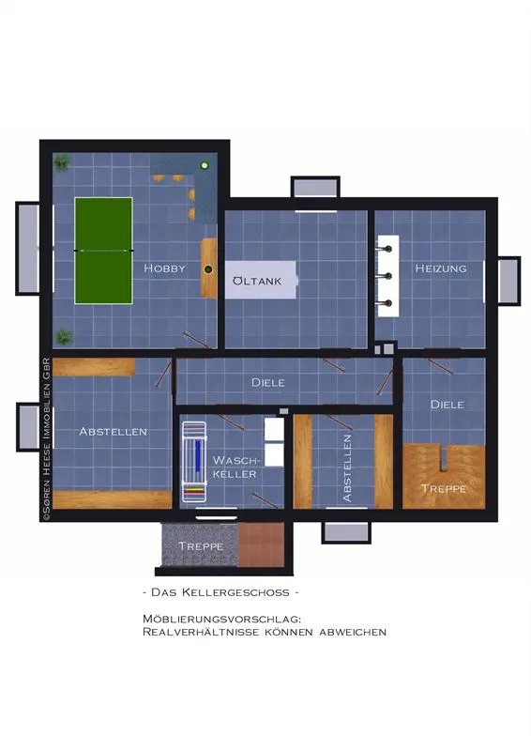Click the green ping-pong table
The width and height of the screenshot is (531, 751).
[103, 251]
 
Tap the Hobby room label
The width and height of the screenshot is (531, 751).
[164, 268]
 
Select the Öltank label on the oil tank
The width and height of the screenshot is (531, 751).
[257, 281]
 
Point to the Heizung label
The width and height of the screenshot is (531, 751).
[441, 268]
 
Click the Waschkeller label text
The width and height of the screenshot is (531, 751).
[236, 467]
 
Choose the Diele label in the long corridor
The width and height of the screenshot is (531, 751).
[268, 382]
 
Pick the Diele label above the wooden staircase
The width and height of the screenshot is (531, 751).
[448, 405]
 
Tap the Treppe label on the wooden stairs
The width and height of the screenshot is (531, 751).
[444, 488]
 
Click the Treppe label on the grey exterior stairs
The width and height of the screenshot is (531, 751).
[201, 546]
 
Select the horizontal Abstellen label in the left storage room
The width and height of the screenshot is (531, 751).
[113, 432]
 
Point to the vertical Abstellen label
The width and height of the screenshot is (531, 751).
[347, 467]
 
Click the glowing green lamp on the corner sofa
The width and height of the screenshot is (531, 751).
[205, 166]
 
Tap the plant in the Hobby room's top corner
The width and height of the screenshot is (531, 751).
[61, 163]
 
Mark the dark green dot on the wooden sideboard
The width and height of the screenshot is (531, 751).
[208, 269]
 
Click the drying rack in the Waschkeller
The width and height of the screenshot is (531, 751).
[194, 462]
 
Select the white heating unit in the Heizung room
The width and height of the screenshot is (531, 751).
[387, 276]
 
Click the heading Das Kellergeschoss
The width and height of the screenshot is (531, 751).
[221, 592]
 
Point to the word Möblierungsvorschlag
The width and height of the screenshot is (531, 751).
[221, 620]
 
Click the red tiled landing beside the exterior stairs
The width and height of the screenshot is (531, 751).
[262, 544]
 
